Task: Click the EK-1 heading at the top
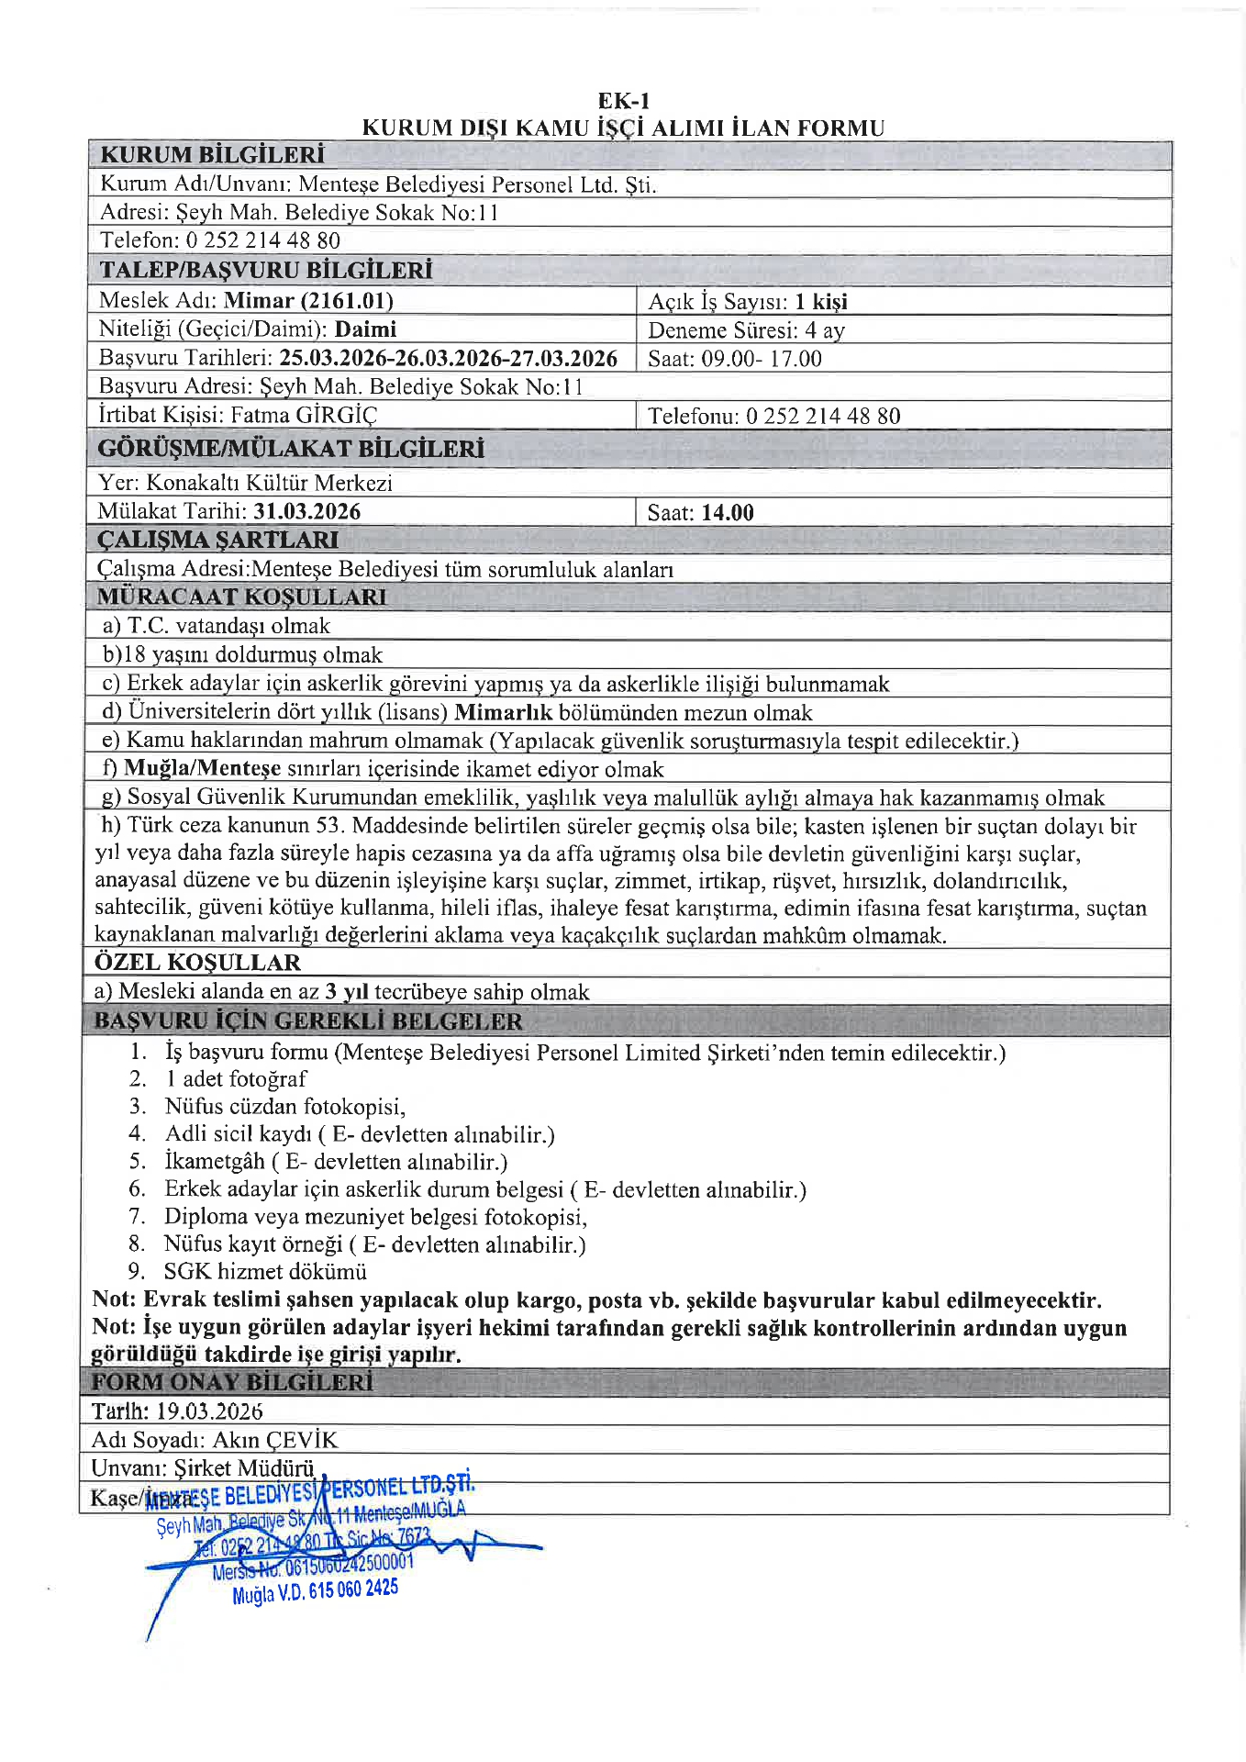tap(623, 101)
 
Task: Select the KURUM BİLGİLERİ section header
tap(212, 154)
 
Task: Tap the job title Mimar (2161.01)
tap(308, 300)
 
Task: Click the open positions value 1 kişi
tap(821, 302)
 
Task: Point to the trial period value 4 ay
tap(825, 330)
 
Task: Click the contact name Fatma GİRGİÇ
tap(304, 415)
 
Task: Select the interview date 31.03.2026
tap(307, 511)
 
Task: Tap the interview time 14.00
tap(728, 513)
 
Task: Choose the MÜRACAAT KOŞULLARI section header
tap(242, 597)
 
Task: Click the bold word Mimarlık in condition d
tap(503, 712)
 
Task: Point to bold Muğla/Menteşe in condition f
tap(202, 768)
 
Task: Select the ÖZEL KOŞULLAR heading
tap(197, 962)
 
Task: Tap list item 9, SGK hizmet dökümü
tap(265, 1271)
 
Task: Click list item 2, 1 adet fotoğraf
tap(236, 1078)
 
